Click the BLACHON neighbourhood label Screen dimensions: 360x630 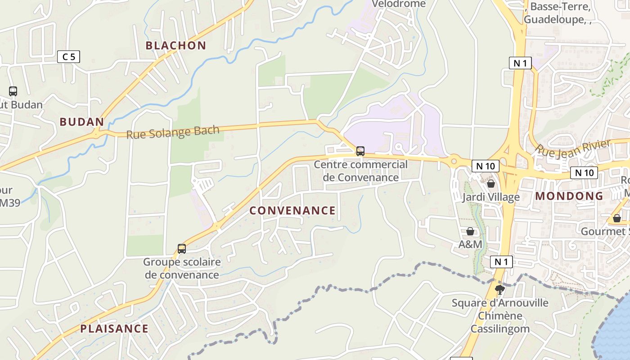pyautogui.click(x=175, y=45)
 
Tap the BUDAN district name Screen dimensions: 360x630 pyautogui.click(x=81, y=122)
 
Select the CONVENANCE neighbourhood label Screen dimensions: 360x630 pyautogui.click(x=292, y=211)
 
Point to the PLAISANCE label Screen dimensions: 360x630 pyautogui.click(x=114, y=328)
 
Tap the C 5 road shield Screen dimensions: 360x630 pyautogui.click(x=69, y=57)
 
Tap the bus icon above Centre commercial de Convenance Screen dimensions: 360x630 pyautogui.click(x=360, y=151)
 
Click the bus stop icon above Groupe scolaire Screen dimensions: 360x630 pyautogui.click(x=181, y=248)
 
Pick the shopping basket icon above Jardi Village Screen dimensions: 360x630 pyautogui.click(x=490, y=184)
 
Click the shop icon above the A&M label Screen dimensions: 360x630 pyautogui.click(x=470, y=231)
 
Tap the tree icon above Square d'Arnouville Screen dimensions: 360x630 pyautogui.click(x=499, y=289)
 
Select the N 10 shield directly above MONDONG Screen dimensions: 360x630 pyautogui.click(x=584, y=172)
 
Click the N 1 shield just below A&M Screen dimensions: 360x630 pyautogui.click(x=501, y=262)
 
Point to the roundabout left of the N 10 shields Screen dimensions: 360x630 pyautogui.click(x=453, y=161)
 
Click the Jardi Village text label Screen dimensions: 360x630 pyautogui.click(x=490, y=197)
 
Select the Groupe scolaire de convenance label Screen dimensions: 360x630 pyautogui.click(x=182, y=268)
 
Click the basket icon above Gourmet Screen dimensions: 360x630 pyautogui.click(x=616, y=218)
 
